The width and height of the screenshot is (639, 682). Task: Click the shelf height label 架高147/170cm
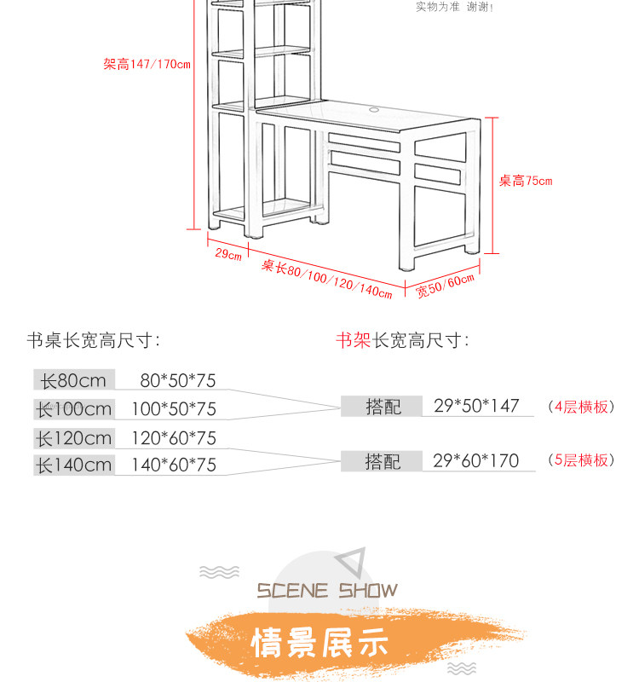(147, 65)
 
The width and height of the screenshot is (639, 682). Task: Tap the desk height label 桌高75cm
(525, 181)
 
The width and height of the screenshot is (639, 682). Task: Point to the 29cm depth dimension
(227, 254)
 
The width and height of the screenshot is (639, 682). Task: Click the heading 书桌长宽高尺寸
(94, 341)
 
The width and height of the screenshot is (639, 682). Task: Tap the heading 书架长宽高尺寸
(402, 341)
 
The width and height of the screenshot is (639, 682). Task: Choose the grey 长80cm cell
(73, 380)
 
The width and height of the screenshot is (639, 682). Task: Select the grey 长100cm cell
(73, 409)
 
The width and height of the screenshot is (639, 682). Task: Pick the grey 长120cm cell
(73, 438)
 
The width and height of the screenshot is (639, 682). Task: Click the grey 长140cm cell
(73, 465)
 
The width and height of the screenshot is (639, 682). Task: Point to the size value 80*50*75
(178, 380)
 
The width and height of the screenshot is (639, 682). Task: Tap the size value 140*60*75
(174, 465)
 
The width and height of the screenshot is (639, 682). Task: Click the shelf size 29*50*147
(475, 406)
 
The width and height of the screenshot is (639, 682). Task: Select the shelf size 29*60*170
(475, 461)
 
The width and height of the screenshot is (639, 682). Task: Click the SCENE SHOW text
(327, 591)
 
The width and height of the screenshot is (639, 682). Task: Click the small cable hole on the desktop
(375, 109)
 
